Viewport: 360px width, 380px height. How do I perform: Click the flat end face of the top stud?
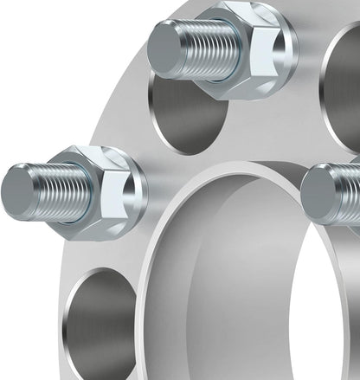[x=164, y=48]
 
